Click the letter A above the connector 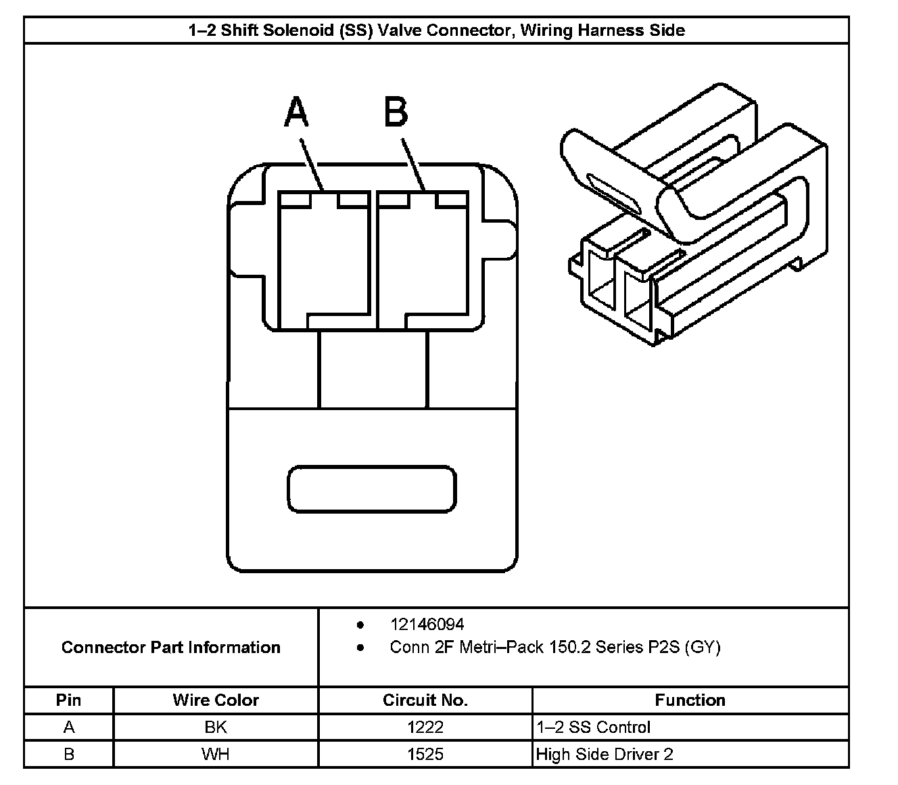297,112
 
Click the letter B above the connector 396,112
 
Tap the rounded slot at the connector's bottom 372,488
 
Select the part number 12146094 427,625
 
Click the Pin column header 68,700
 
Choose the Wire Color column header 216,700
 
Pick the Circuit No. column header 425,700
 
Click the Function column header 690,700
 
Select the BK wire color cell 216,727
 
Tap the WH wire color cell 216,755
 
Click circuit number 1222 425,727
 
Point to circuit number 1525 425,755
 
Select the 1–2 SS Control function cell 593,727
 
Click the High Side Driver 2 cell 605,755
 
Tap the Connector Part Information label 171,648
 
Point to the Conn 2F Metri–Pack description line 555,648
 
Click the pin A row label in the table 68,727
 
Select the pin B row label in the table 68,755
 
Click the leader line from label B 413,164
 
